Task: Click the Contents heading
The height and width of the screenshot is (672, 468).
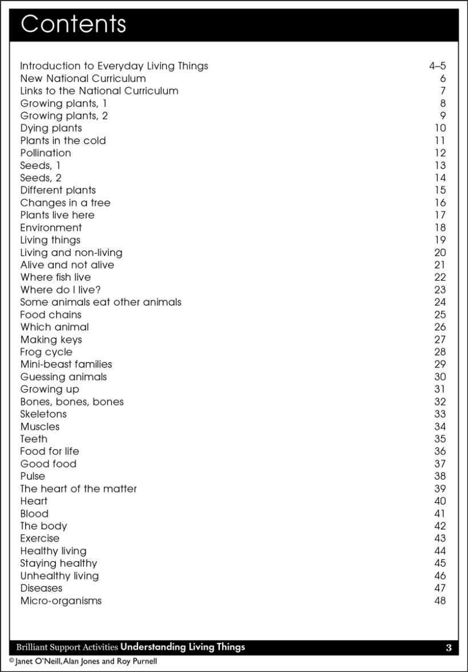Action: pyautogui.click(x=73, y=25)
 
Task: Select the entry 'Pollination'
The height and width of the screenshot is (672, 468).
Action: pyautogui.click(x=46, y=153)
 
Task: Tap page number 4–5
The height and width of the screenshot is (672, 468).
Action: pyautogui.click(x=437, y=66)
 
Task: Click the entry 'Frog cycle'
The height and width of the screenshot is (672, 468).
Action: pyautogui.click(x=46, y=352)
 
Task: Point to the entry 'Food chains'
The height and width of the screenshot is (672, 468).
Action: pyautogui.click(x=51, y=315)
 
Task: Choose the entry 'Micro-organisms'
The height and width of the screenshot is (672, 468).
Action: pyautogui.click(x=61, y=601)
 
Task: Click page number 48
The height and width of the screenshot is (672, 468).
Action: pyautogui.click(x=439, y=601)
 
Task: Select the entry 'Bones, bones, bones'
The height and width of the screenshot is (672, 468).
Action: pyautogui.click(x=72, y=402)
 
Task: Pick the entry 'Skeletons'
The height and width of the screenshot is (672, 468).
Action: pyautogui.click(x=43, y=414)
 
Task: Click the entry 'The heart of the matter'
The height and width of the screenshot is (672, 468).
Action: pyautogui.click(x=78, y=489)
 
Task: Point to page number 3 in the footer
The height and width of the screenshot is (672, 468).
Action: pyautogui.click(x=449, y=647)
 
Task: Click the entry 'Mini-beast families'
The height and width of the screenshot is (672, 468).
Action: pyautogui.click(x=66, y=365)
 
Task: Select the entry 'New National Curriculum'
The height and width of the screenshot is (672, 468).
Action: pyautogui.click(x=83, y=79)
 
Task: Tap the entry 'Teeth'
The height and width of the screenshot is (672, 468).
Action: pyautogui.click(x=34, y=439)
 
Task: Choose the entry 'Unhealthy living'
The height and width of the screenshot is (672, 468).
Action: pyautogui.click(x=59, y=576)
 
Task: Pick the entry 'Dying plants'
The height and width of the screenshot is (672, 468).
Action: pyautogui.click(x=51, y=129)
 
